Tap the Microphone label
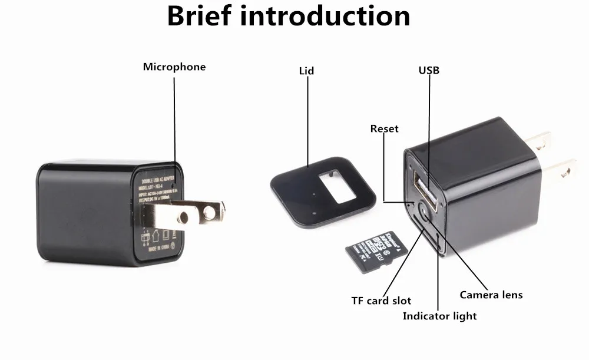(x=174, y=67)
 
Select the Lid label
(x=306, y=71)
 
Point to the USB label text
(x=429, y=71)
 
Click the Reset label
(x=384, y=128)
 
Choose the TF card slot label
(x=381, y=300)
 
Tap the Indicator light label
(x=439, y=316)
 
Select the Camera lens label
(x=491, y=294)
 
